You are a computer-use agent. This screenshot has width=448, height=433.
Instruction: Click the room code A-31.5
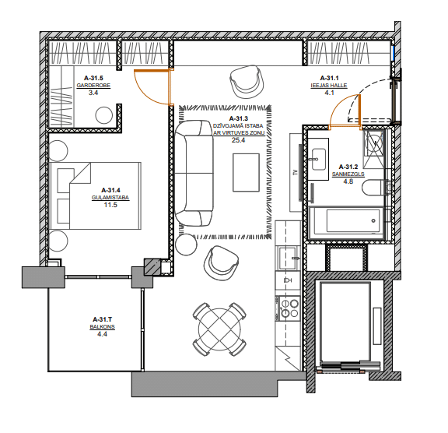pyautogui.click(x=93, y=78)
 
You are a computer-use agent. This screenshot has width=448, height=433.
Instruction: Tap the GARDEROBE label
pyautogui.click(x=93, y=85)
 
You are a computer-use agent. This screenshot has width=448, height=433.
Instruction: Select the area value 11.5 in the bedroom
pyautogui.click(x=110, y=205)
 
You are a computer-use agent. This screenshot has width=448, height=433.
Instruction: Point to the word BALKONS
pyautogui.click(x=103, y=326)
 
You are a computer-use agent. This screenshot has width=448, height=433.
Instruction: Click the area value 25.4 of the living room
pyautogui.click(x=238, y=140)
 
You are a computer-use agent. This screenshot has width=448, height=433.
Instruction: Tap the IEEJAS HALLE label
pyautogui.click(x=329, y=85)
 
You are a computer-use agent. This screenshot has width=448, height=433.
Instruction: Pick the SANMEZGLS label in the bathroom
pyautogui.click(x=348, y=174)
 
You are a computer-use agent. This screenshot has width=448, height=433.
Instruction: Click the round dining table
pyautogui.click(x=219, y=329)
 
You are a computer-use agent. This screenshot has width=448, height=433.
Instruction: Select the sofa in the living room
pyautogui.click(x=194, y=174)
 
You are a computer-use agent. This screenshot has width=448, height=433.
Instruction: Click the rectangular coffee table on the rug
pyautogui.click(x=246, y=172)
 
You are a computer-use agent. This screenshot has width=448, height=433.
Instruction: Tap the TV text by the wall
pyautogui.click(x=296, y=172)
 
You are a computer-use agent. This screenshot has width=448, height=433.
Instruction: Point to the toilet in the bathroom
pyautogui.click(x=373, y=188)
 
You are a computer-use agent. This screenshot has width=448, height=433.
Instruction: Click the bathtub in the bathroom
pyautogui.click(x=347, y=222)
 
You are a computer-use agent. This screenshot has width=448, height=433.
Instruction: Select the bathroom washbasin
pyautogui.click(x=318, y=159)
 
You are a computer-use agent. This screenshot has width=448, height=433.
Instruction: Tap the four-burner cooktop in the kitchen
pyautogui.click(x=289, y=308)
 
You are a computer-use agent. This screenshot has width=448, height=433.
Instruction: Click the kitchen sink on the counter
pyautogui.click(x=288, y=259)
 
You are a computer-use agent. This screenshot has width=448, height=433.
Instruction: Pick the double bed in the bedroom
pyautogui.click(x=96, y=196)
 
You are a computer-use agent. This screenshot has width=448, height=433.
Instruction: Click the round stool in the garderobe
pyautogui.click(x=103, y=115)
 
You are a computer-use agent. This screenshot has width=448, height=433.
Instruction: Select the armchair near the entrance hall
pyautogui.click(x=247, y=82)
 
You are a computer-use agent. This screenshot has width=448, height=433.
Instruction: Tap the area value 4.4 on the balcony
pyautogui.click(x=102, y=334)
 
